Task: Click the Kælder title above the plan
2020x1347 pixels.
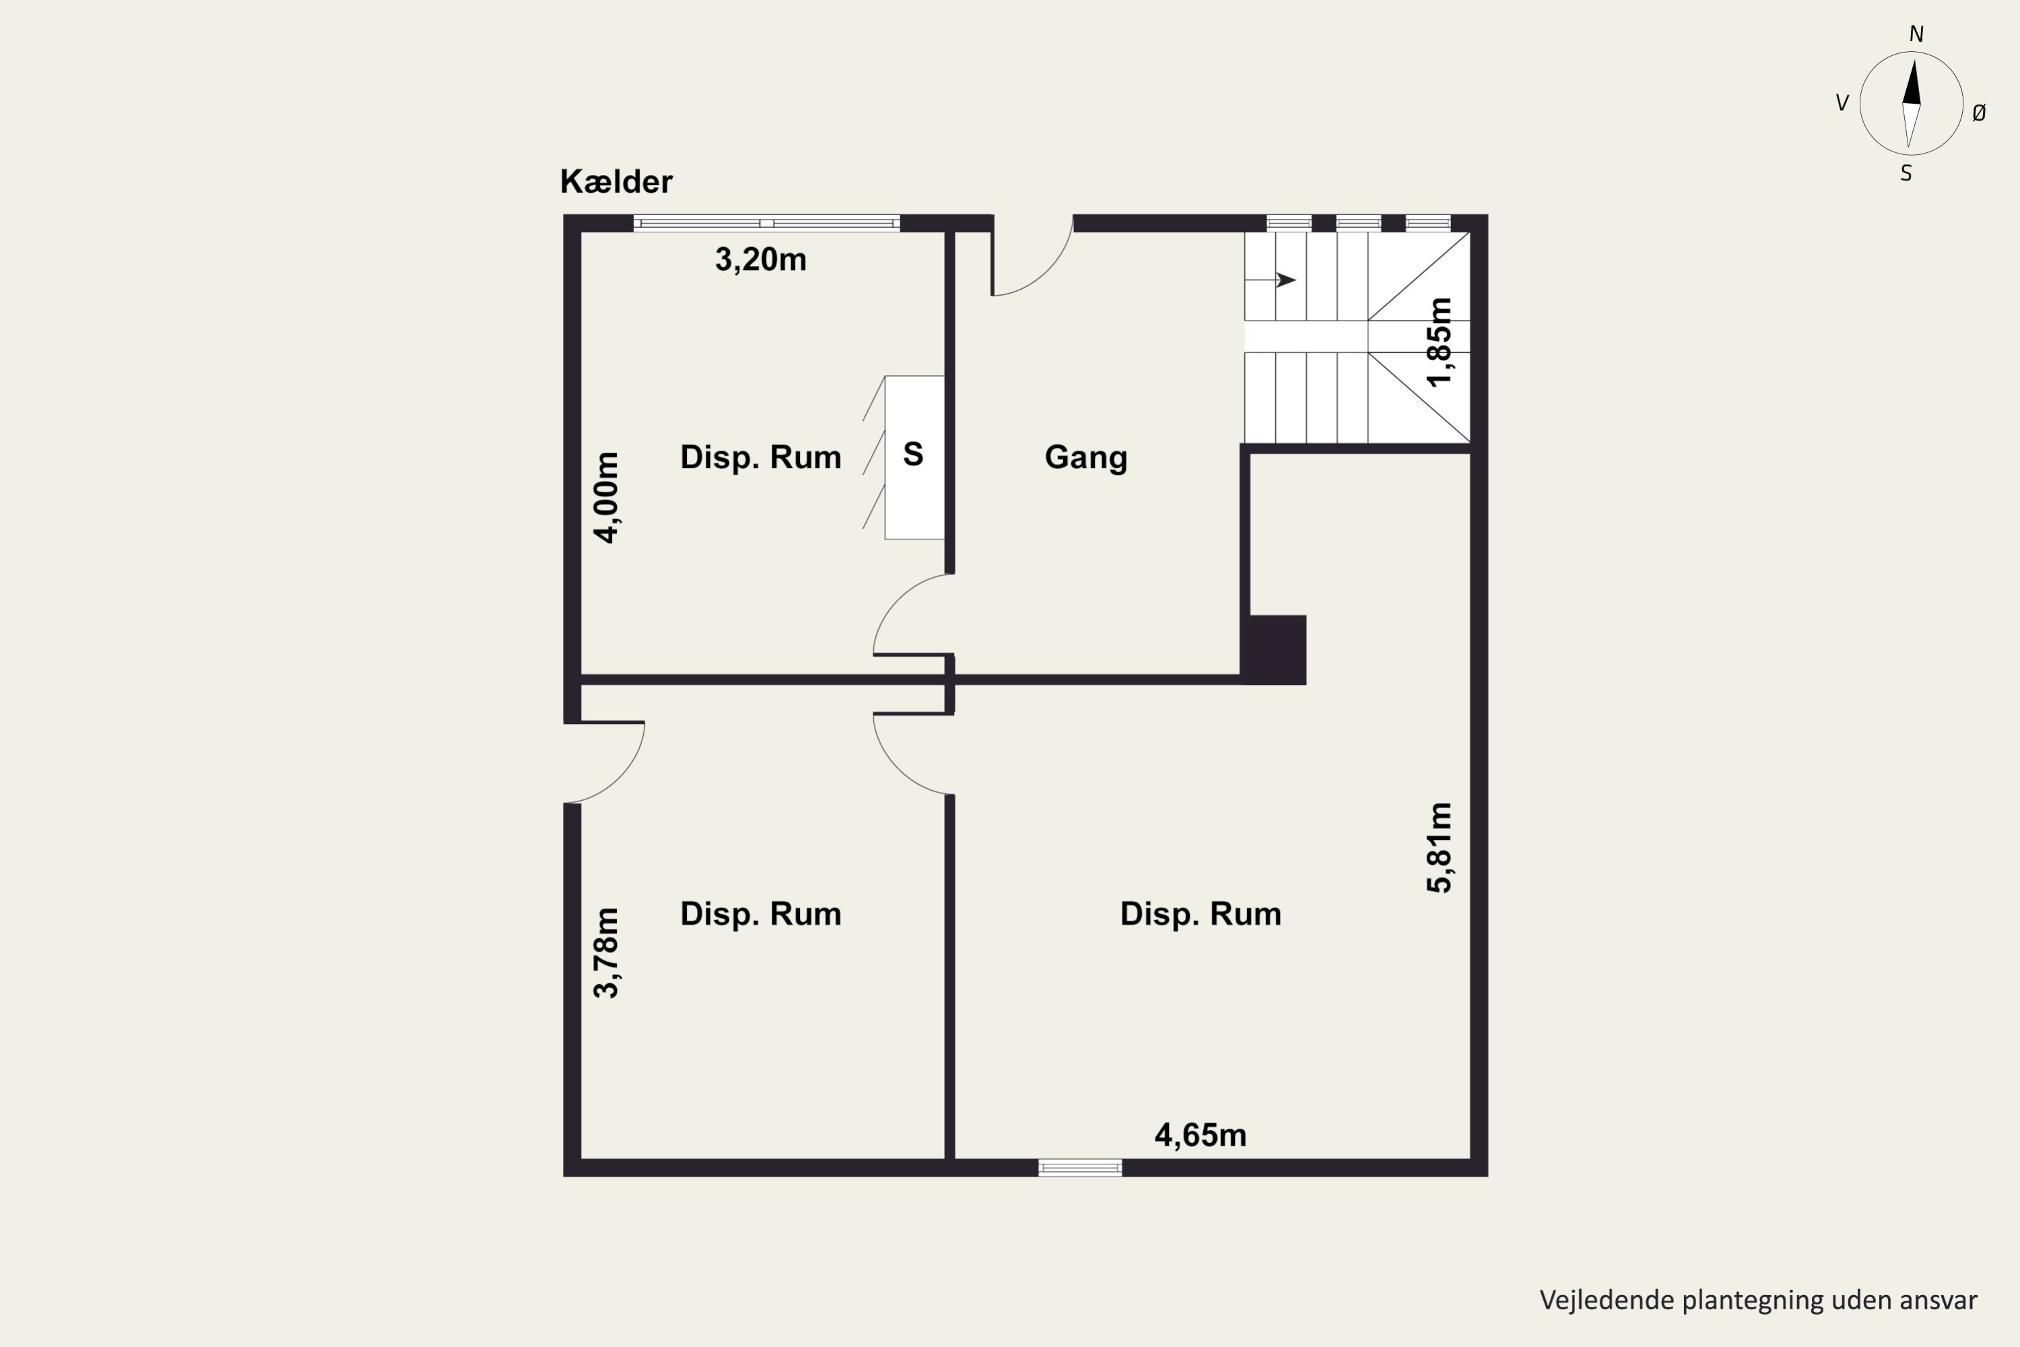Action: pos(616,182)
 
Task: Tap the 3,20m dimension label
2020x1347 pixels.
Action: pos(761,259)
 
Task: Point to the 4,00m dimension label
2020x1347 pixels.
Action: pos(607,498)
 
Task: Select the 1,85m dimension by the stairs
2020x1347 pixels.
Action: pos(1440,342)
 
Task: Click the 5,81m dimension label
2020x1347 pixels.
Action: pos(1440,848)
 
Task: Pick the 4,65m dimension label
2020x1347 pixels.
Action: pos(1201,1136)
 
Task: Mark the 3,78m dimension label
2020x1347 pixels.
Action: pos(607,953)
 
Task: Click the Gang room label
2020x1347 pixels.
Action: pos(1085,457)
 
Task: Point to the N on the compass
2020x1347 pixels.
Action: pos(1916,34)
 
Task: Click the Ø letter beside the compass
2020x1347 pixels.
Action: pos(1979,112)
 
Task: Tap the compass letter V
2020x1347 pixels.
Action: pos(1842,103)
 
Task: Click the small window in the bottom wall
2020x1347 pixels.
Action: pos(1079,1167)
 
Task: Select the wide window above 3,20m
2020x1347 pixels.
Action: pos(767,224)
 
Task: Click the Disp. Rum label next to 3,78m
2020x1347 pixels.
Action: pos(761,914)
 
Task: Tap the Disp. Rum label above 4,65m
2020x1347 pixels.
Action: pos(1201,914)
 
